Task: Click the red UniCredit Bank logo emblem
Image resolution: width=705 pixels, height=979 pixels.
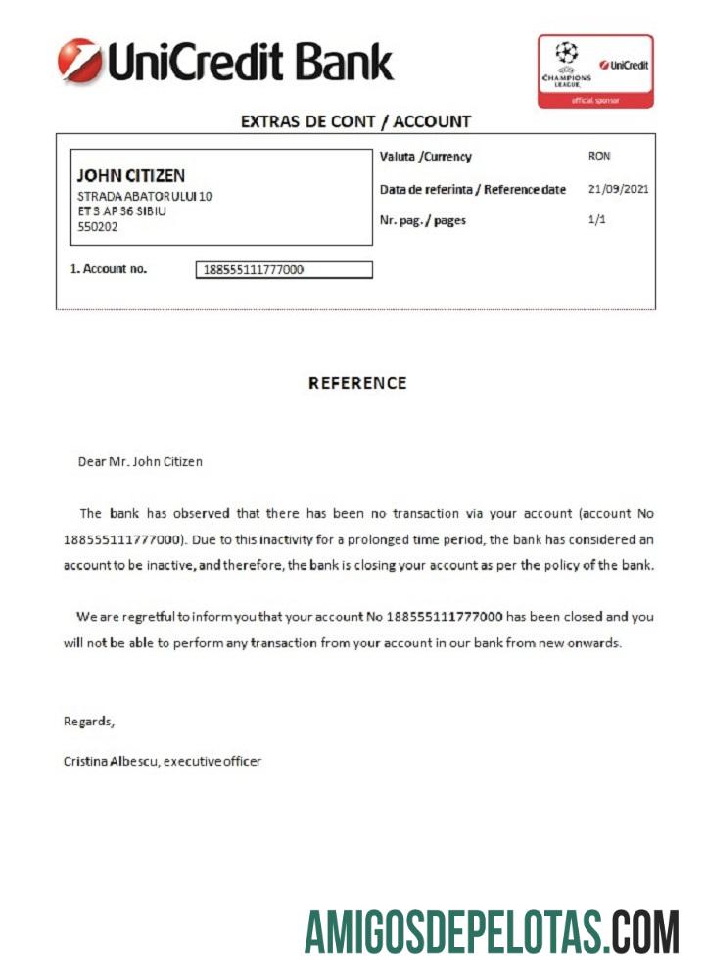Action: coord(79,60)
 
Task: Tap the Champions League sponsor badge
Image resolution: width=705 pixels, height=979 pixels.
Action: coord(594,70)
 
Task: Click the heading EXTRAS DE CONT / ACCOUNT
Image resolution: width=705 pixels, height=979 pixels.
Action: coord(355,121)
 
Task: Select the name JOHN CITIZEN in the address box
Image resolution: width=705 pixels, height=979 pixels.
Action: coord(130,176)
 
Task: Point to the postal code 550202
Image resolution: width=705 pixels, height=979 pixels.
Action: coord(97,227)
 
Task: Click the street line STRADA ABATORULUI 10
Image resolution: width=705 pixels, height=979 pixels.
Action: coord(145,196)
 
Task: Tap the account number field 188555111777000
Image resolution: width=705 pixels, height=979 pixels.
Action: coord(284,270)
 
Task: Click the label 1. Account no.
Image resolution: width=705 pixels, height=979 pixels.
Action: coord(109,268)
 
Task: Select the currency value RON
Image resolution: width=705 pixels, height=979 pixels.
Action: coord(599,156)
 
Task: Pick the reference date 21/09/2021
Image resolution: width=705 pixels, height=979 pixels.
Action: coord(619,189)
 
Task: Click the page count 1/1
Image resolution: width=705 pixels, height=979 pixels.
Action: coord(597,220)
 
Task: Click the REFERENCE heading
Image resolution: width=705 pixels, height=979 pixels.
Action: coord(357,383)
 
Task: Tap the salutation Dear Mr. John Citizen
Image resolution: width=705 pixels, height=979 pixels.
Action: coord(140,461)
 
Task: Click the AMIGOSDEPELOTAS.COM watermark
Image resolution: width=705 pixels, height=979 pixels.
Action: coord(492,931)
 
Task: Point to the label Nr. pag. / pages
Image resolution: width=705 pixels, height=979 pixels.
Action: coord(422,221)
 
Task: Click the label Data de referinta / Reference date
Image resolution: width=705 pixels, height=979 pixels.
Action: coord(472,190)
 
